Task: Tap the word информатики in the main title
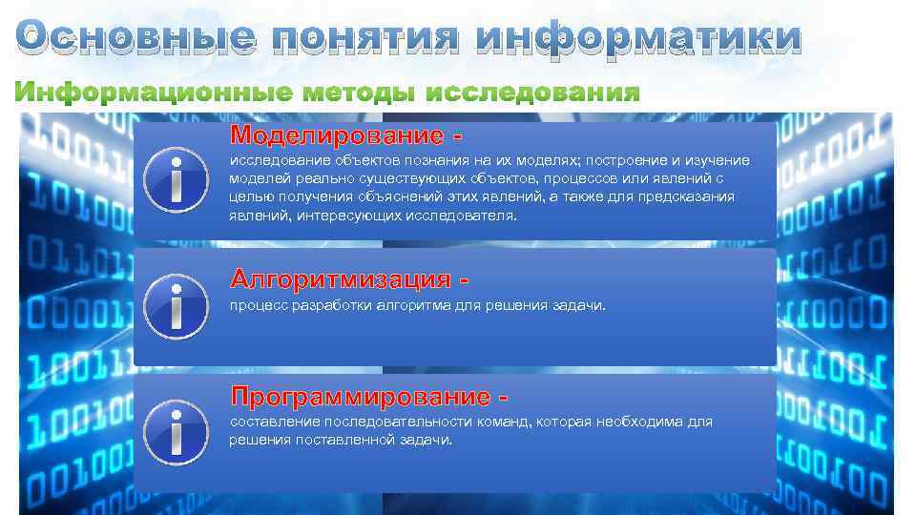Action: (x=638, y=38)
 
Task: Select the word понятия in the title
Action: (x=366, y=38)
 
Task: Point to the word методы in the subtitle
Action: (x=359, y=93)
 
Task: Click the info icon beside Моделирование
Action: (x=175, y=180)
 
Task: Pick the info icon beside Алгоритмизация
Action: (x=175, y=305)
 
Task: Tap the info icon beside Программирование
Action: (x=175, y=428)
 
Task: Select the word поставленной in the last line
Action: (x=336, y=441)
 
